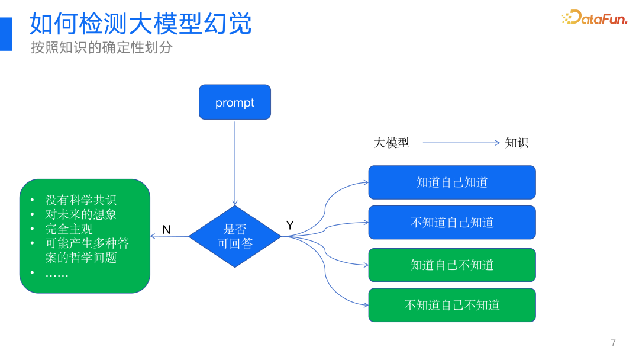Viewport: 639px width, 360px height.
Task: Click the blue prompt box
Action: pyautogui.click(x=234, y=102)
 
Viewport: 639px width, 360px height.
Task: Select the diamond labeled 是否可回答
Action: pyautogui.click(x=235, y=236)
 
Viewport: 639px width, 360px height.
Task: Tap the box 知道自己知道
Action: pyautogui.click(x=452, y=182)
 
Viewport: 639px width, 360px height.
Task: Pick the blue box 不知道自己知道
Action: pyautogui.click(x=452, y=223)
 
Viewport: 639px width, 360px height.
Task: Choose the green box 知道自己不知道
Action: pyautogui.click(x=452, y=265)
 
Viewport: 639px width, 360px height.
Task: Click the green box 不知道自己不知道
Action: pyautogui.click(x=452, y=305)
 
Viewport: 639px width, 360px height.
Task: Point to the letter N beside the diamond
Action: pyautogui.click(x=166, y=230)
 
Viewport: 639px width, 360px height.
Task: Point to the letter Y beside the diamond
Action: pyautogui.click(x=290, y=226)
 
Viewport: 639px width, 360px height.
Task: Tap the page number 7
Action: pyautogui.click(x=613, y=343)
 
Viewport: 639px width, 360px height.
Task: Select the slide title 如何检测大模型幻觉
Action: pyautogui.click(x=141, y=24)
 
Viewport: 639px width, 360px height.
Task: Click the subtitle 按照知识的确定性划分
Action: pyautogui.click(x=101, y=48)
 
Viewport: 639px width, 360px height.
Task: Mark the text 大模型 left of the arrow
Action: pyautogui.click(x=391, y=143)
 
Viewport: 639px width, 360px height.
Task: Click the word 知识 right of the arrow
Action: pyautogui.click(x=517, y=143)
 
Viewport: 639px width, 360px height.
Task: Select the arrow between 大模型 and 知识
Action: pyautogui.click(x=461, y=143)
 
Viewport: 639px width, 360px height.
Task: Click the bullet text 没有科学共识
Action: pyautogui.click(x=81, y=200)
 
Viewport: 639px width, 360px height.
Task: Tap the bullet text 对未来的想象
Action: pyautogui.click(x=81, y=214)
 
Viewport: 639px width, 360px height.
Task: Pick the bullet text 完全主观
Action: pyautogui.click(x=69, y=229)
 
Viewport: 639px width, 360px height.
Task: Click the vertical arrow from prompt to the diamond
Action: pyautogui.click(x=235, y=163)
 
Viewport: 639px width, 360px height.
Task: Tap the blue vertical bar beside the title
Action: pyautogui.click(x=6, y=34)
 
